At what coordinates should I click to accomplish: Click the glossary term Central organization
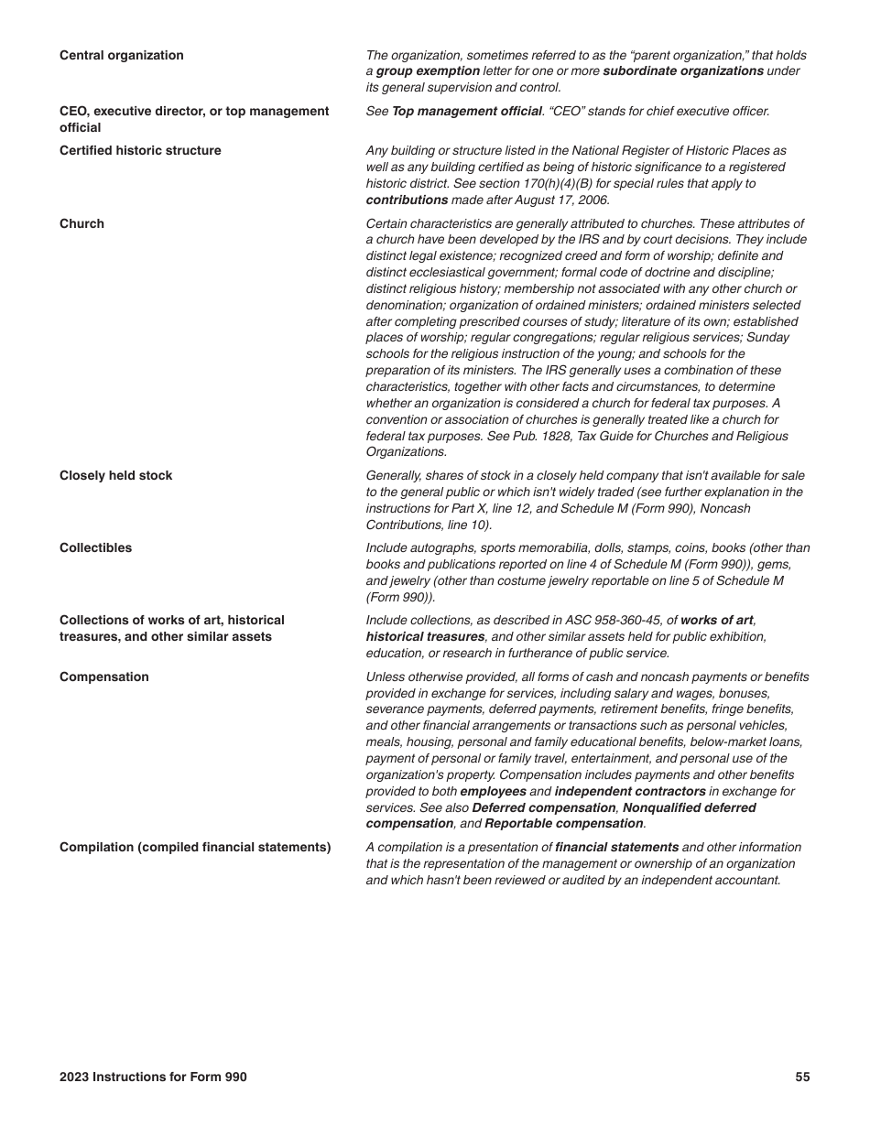coord(121,56)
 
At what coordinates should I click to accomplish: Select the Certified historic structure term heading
coord(140,151)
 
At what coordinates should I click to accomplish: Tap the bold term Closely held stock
coord(115,476)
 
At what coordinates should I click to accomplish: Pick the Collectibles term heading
coord(95,548)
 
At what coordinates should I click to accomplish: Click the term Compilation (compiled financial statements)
coord(195,848)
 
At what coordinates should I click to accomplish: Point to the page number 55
coord(802,1077)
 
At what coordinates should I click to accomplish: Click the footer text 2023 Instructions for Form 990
coord(153,1077)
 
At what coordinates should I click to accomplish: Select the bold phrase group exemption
coord(428,71)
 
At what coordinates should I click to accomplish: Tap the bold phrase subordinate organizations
coord(683,71)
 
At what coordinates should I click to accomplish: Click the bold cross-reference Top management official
coord(467,112)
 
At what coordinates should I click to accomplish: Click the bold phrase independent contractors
coord(630,792)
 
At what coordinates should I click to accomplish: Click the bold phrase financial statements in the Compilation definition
coord(617,848)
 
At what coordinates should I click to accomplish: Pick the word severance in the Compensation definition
coord(394,709)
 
